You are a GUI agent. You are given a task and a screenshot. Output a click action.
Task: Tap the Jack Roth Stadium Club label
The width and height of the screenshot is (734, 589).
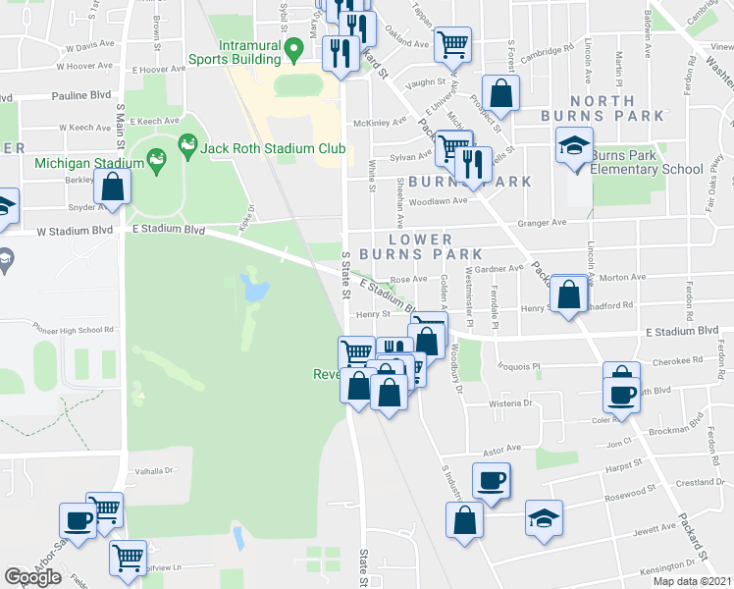click(x=273, y=148)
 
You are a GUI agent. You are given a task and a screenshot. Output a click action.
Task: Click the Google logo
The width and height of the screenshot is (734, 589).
click(x=32, y=577)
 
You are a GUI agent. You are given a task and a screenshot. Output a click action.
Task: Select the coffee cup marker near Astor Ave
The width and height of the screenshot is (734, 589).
click(x=492, y=481)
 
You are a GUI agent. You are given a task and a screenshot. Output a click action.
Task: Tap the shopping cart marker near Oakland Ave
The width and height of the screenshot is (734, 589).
click(x=452, y=42)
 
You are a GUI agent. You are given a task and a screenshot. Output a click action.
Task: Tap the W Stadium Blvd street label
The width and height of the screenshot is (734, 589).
click(x=70, y=233)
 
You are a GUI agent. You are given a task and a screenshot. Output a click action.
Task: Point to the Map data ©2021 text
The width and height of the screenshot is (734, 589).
click(x=692, y=581)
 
